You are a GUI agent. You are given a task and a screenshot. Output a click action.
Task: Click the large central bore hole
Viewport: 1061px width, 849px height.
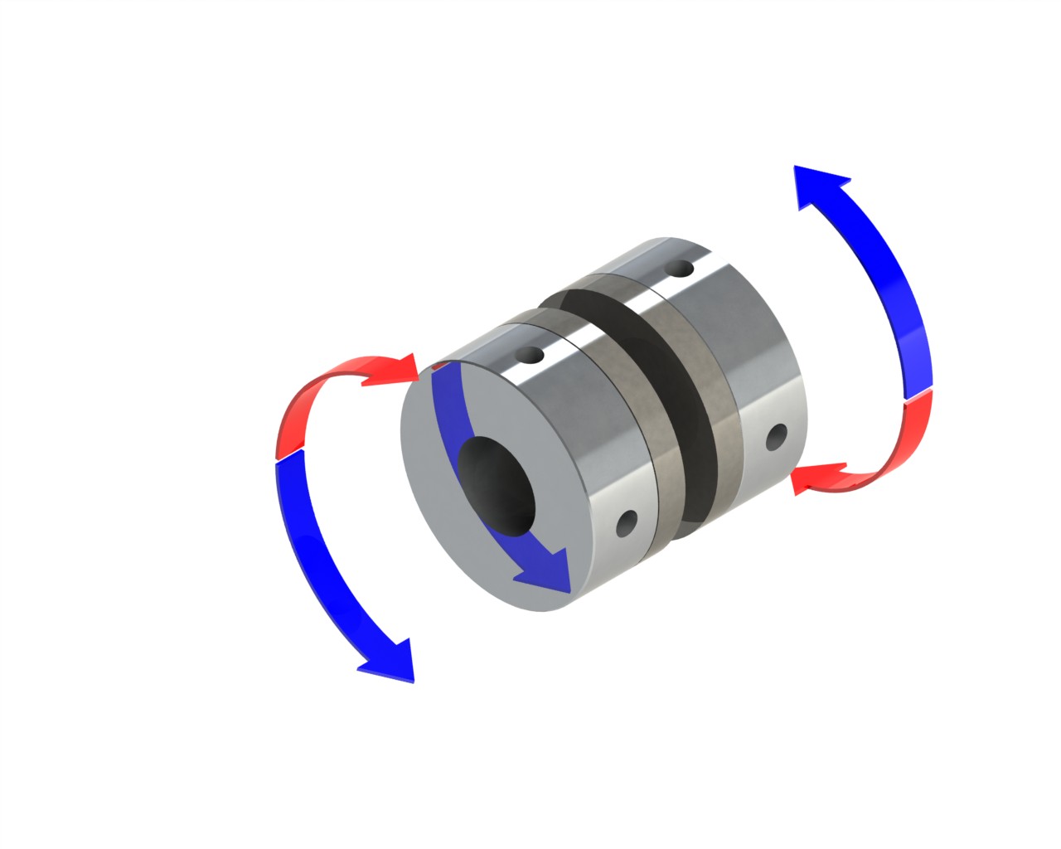[x=496, y=486]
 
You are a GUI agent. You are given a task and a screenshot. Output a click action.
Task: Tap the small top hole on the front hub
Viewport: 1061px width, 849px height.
[x=529, y=356]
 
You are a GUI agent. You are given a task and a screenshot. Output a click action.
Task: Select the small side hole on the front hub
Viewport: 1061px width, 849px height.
[x=627, y=522]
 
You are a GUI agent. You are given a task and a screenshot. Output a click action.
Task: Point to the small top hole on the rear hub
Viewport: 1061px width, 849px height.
[x=680, y=269]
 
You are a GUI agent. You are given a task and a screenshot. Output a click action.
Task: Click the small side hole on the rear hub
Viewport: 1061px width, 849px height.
[x=778, y=436]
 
